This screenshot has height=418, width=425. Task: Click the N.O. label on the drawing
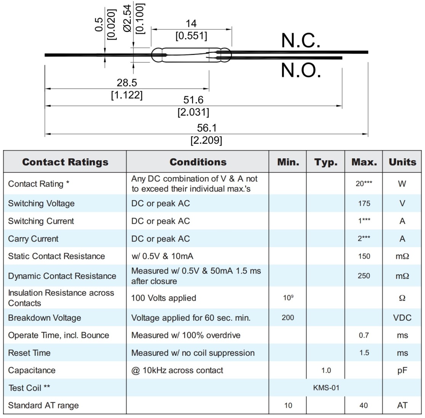[x=300, y=70]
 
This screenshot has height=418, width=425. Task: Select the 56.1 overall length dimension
[x=207, y=128]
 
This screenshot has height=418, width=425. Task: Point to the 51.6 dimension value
[x=193, y=100]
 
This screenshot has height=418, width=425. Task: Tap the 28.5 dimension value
[x=127, y=82]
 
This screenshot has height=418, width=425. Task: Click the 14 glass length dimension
[x=191, y=24]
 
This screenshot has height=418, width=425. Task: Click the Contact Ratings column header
[x=65, y=162]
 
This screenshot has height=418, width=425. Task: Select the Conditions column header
[x=198, y=162]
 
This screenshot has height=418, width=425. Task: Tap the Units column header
[x=402, y=162]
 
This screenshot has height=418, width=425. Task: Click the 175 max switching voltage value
[x=364, y=203]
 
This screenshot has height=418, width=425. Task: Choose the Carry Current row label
[x=33, y=239]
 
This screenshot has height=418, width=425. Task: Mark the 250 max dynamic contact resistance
[x=364, y=275]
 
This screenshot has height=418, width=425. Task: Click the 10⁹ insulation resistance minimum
[x=288, y=298]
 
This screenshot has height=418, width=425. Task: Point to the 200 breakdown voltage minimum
[x=288, y=317]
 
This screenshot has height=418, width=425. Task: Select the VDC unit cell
[x=402, y=317]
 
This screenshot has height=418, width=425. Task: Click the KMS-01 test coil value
[x=326, y=388]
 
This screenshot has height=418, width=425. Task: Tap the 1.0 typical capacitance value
[x=326, y=370]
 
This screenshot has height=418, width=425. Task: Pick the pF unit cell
[x=402, y=370]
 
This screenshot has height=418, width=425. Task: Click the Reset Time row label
[x=29, y=353]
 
